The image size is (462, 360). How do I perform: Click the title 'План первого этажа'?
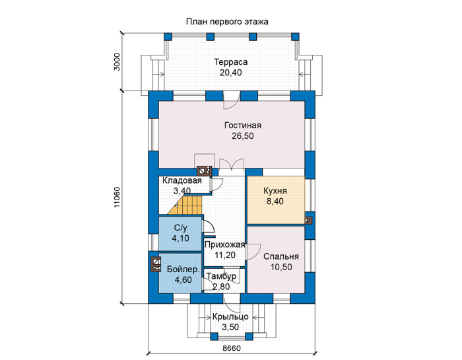(227, 22)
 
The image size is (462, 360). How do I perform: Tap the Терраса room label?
(231, 62)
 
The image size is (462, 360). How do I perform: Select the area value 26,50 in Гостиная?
(242, 136)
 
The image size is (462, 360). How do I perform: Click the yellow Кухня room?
(276, 200)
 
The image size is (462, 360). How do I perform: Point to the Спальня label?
(280, 256)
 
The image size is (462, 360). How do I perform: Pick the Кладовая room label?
(182, 180)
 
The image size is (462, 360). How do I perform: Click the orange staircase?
(185, 205)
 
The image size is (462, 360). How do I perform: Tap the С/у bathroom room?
(180, 234)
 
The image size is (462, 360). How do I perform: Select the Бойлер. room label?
(183, 269)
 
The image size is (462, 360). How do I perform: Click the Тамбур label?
(221, 276)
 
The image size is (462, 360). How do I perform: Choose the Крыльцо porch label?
(230, 317)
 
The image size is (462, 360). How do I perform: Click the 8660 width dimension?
(232, 348)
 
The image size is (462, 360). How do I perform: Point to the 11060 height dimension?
(117, 197)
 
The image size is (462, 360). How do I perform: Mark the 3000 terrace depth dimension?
(117, 61)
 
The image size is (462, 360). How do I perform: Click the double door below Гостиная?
(232, 164)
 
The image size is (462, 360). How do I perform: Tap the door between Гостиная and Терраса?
(232, 101)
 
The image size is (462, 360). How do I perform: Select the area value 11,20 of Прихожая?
(225, 255)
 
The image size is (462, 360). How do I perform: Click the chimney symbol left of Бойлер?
(156, 264)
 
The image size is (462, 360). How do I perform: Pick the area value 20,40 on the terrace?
(231, 73)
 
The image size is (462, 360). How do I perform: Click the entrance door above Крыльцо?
(232, 305)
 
